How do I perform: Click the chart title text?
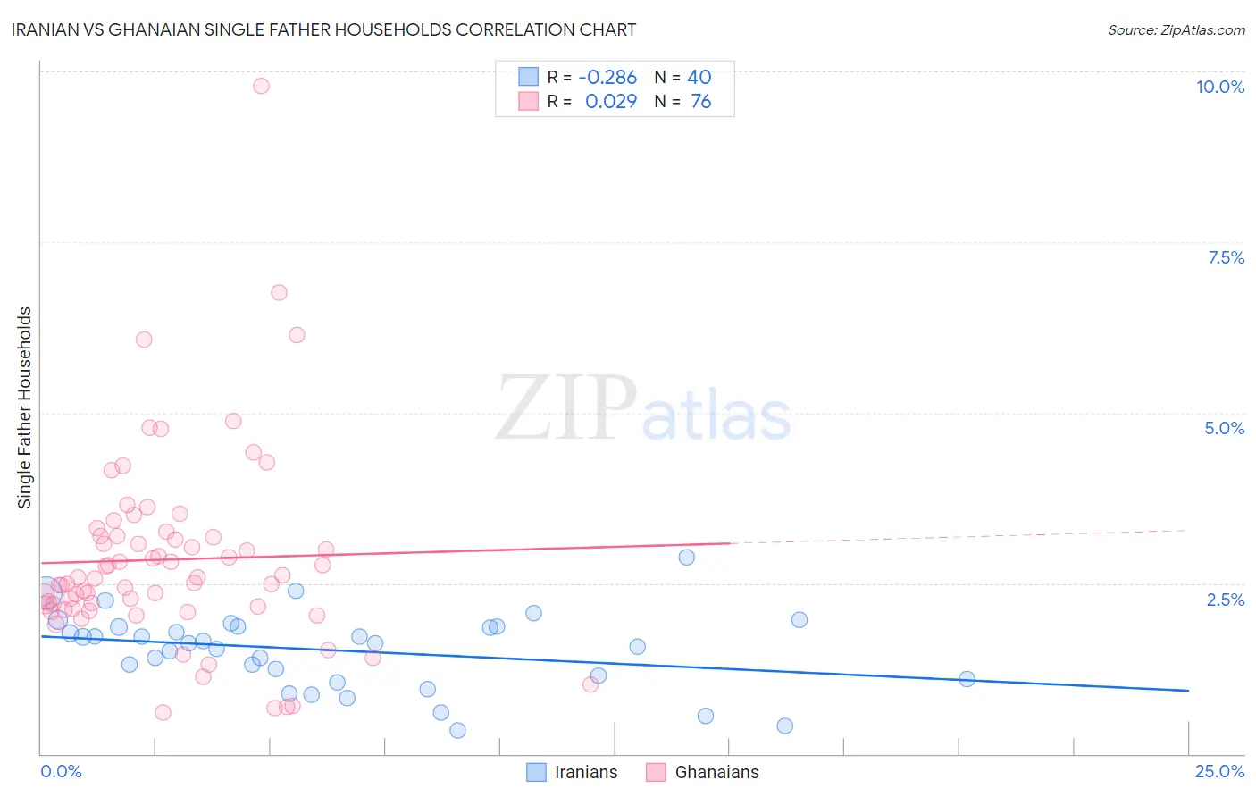pos(324,29)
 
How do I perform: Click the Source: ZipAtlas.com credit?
pos(1176,29)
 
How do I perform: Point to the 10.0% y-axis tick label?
pos(1219,87)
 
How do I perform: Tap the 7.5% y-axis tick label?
pos(1226,257)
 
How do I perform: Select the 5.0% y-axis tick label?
pos(1224,428)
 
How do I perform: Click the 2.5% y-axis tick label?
pos(1225,600)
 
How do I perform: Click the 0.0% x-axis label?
pos(61,771)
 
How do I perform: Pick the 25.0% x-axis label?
pos(1219,771)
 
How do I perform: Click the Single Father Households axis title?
pos(25,407)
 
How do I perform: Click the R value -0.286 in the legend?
pos(607,78)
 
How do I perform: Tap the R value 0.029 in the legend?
pos(611,102)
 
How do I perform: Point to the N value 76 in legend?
pos(701,102)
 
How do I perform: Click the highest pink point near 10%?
pos(261,86)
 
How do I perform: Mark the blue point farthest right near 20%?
pos(967,679)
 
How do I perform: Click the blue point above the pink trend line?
pos(686,557)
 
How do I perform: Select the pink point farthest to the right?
pos(590,684)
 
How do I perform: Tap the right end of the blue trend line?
pos(1188,691)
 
